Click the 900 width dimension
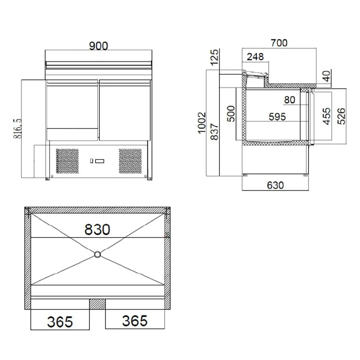[98, 46]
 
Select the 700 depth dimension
[279, 43]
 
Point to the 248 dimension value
[255, 57]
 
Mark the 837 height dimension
[214, 132]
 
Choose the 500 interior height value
[231, 114]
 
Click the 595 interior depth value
[277, 117]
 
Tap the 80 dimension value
[289, 100]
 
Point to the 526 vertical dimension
[341, 116]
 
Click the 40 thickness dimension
[327, 76]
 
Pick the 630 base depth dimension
[275, 185]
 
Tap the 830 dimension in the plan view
[97, 229]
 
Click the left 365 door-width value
[60, 322]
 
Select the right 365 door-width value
[135, 321]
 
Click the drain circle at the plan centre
[97, 254]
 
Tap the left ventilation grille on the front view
[67, 161]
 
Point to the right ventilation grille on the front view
[130, 161]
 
